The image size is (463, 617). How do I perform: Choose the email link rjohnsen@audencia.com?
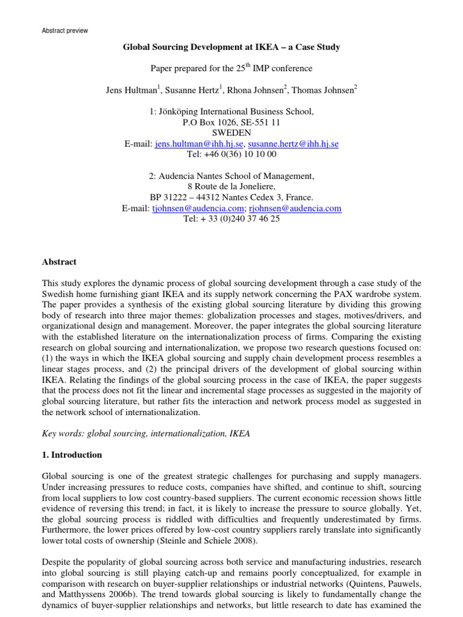click(300, 208)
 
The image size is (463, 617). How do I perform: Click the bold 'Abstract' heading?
click(59, 262)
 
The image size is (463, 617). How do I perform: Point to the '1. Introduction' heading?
click(72, 455)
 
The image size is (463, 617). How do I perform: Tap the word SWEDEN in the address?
click(231, 133)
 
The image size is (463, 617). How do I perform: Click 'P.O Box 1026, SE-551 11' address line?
click(231, 122)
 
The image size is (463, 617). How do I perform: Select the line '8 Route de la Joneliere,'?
click(231, 187)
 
